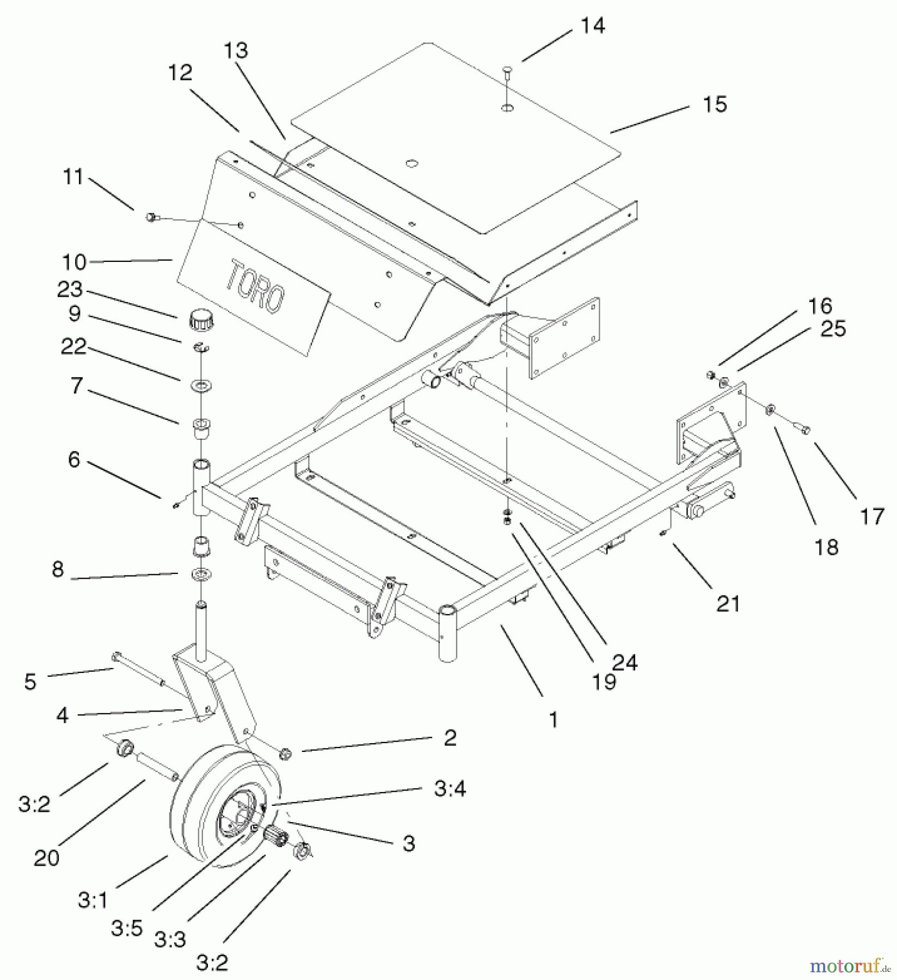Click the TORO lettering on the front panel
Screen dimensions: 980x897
pyautogui.click(x=255, y=287)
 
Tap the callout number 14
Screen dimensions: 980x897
pyautogui.click(x=592, y=26)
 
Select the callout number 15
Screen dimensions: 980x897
pyautogui.click(x=714, y=104)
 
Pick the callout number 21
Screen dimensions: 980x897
pyautogui.click(x=729, y=604)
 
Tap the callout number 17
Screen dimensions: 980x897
pyautogui.click(x=872, y=516)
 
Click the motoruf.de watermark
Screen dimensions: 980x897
pyautogui.click(x=849, y=966)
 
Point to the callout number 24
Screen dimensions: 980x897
pyautogui.click(x=624, y=662)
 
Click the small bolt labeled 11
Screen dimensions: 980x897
pyautogui.click(x=151, y=217)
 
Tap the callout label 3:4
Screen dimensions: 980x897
pyautogui.click(x=450, y=788)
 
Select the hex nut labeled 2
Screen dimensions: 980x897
pyautogui.click(x=285, y=754)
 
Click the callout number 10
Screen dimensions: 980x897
pyautogui.click(x=75, y=262)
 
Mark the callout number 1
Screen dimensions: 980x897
pyautogui.click(x=553, y=720)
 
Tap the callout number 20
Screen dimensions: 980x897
pyautogui.click(x=46, y=858)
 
